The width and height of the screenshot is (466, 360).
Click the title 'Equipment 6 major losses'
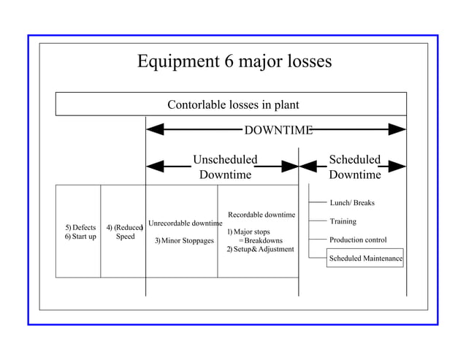pyautogui.click(x=234, y=61)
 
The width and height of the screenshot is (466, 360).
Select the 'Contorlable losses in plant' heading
pyautogui.click(x=233, y=104)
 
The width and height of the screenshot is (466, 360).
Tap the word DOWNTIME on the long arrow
pyautogui.click(x=278, y=130)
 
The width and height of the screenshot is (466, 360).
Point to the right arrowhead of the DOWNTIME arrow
pyautogui.click(x=397, y=130)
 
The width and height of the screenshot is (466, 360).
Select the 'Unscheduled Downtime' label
pyautogui.click(x=225, y=167)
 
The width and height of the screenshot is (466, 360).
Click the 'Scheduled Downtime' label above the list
pyautogui.click(x=354, y=167)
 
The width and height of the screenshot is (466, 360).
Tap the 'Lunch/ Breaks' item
pyautogui.click(x=352, y=202)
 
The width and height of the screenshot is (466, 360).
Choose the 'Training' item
pyautogui.click(x=343, y=221)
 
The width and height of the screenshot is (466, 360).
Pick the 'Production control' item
pyautogui.click(x=358, y=240)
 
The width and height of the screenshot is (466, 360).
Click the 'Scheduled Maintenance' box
pyautogui.click(x=365, y=258)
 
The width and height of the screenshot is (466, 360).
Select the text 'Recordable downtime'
pyautogui.click(x=261, y=215)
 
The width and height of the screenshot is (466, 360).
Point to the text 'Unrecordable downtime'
pyautogui.click(x=185, y=223)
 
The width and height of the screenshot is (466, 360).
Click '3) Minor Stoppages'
pyautogui.click(x=184, y=240)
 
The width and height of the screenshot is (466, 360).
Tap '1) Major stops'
pyautogui.click(x=248, y=231)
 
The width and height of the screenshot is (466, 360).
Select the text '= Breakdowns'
pyautogui.click(x=261, y=240)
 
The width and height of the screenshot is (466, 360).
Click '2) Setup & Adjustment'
pyautogui.click(x=260, y=249)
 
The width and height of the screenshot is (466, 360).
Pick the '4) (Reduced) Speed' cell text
pyautogui.click(x=124, y=232)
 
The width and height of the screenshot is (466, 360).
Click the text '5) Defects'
pyautogui.click(x=80, y=227)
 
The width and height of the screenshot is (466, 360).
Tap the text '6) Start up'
pyautogui.click(x=80, y=237)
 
